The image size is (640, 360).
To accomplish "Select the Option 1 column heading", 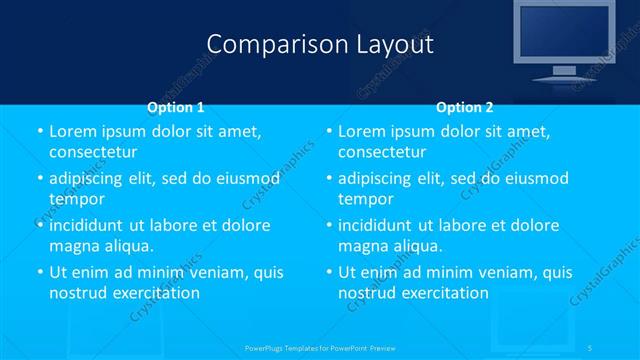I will (x=176, y=106).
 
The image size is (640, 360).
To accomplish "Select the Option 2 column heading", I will (x=465, y=106).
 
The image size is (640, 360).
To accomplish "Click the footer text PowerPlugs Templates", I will (x=290, y=347).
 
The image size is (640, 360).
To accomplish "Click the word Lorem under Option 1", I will (x=73, y=131).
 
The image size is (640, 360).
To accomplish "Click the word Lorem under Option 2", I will (x=362, y=131).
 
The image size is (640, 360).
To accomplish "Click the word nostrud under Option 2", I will (x=367, y=293).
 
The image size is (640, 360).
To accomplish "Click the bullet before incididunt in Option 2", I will (x=329, y=226).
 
